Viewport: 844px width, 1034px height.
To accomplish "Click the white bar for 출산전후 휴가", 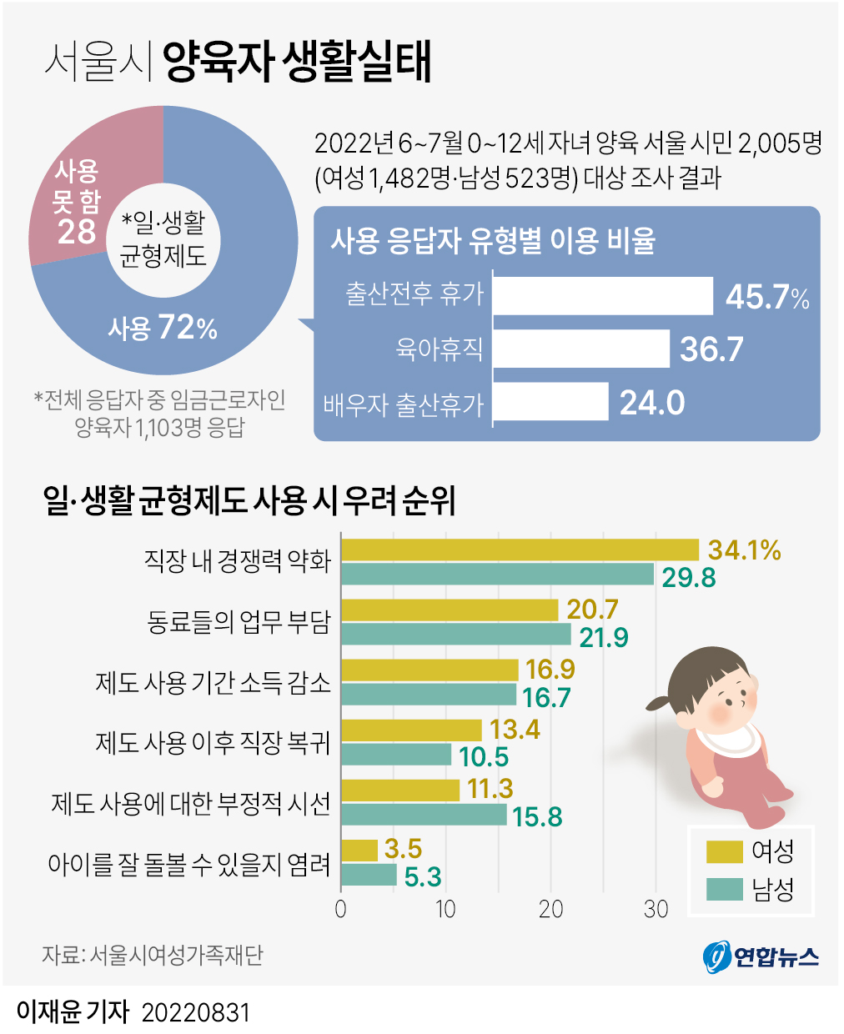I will coord(603,296).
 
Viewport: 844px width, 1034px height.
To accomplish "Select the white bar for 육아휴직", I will coord(581,349).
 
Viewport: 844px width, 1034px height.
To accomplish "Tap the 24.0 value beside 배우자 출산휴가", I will coord(652,403).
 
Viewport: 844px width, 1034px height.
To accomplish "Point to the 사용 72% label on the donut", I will coord(163,328).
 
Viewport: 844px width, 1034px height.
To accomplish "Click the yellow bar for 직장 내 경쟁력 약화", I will coord(520,550).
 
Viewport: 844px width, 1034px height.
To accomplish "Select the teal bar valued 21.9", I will coord(456,635).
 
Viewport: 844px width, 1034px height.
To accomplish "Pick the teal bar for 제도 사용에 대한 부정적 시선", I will coord(424,815).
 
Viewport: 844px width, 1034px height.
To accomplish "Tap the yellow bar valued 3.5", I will coord(359,850).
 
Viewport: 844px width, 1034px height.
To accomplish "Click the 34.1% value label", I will coord(744,550).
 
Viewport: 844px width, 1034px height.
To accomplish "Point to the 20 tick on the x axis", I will coord(550,909).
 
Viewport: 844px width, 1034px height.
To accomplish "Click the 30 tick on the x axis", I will coord(656,909).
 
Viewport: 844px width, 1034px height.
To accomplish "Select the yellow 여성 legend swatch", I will coord(724,851).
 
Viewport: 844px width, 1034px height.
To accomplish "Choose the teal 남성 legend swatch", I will coord(724,890).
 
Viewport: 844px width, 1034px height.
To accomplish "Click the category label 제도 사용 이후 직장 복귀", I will coord(213,742).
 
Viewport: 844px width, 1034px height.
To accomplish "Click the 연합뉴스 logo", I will coord(761,956).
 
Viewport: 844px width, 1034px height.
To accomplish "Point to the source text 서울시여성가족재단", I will coord(176,955).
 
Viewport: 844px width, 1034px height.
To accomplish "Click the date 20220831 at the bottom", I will coord(196,1012).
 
